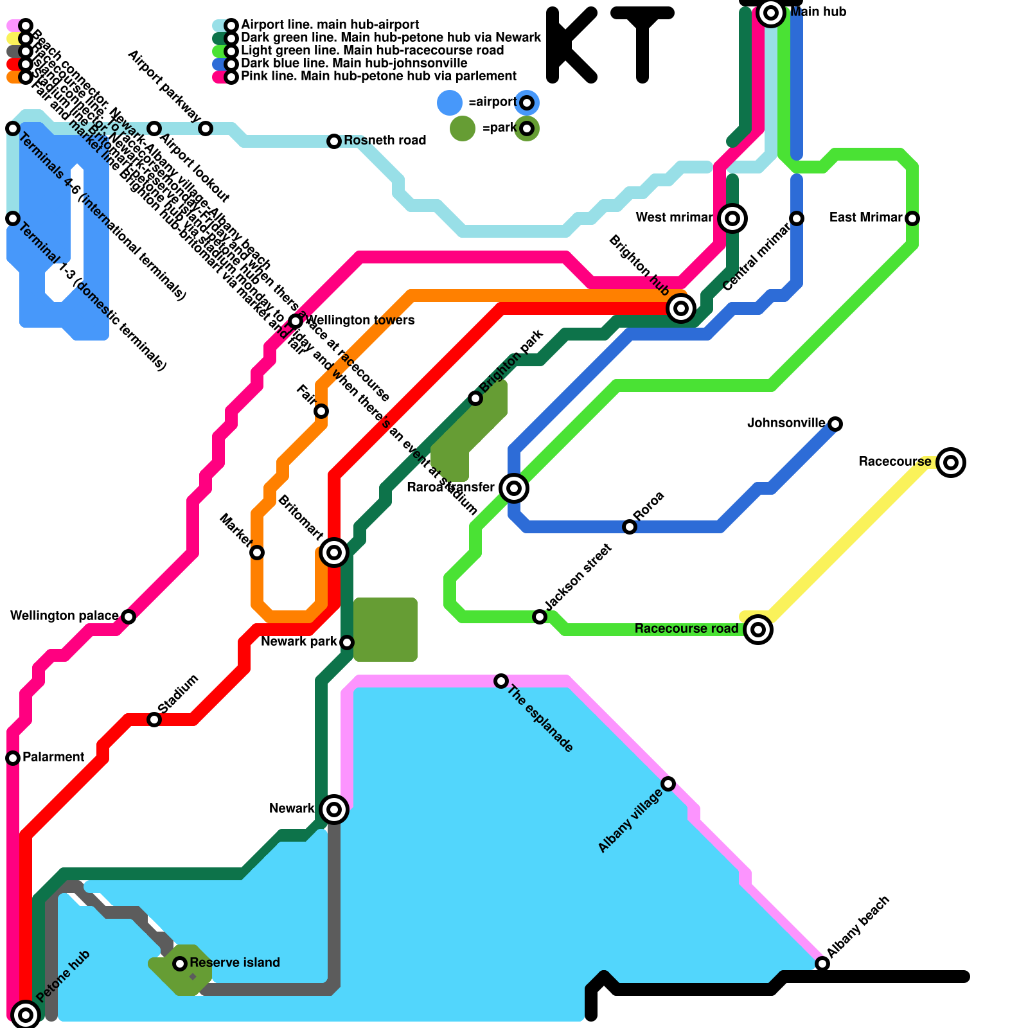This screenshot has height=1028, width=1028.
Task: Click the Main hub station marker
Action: pos(771,13)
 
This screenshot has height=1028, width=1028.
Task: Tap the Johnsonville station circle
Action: pos(835,424)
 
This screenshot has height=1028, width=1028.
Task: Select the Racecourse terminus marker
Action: pos(951,463)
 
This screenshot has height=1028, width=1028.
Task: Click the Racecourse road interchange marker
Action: pos(758,630)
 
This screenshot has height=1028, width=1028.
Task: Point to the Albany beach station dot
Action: pos(822,964)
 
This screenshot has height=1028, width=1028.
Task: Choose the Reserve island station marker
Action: pos(180,963)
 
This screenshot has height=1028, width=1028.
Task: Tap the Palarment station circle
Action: pos(13,758)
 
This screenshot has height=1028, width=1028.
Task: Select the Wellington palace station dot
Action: pos(128,617)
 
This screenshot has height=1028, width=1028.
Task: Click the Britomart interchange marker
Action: pos(334,552)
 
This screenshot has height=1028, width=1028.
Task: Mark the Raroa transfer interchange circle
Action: pos(514,488)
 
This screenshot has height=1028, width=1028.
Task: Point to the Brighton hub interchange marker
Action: pos(681,308)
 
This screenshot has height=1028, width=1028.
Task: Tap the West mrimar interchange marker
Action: pos(732,218)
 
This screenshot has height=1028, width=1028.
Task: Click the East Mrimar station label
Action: pos(865,217)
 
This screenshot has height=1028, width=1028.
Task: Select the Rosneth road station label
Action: pos(385,140)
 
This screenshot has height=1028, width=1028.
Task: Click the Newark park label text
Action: pos(299,641)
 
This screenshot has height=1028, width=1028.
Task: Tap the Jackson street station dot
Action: pos(540,617)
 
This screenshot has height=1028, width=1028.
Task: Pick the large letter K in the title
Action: pos(571,45)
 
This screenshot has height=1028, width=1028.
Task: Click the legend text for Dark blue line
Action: pos(354,63)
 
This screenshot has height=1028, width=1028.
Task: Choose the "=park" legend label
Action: pos(499,128)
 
